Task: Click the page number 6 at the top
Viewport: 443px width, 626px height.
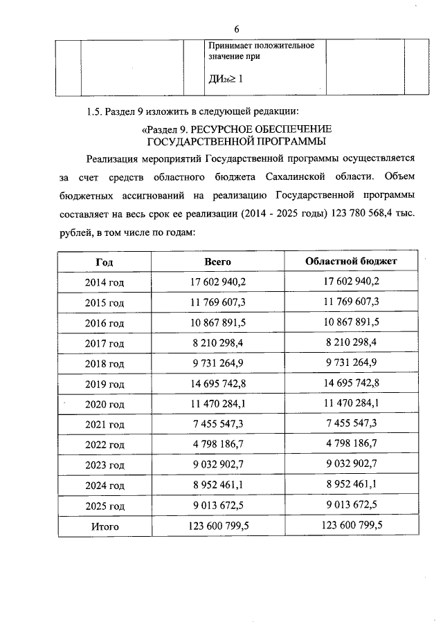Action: [x=236, y=29]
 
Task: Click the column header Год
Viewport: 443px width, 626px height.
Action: [x=104, y=262]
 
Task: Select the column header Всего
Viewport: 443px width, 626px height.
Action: [x=217, y=261]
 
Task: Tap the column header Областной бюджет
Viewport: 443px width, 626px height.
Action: [x=352, y=261]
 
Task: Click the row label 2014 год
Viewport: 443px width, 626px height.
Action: [x=105, y=282]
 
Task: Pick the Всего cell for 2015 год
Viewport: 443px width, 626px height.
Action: [x=218, y=302]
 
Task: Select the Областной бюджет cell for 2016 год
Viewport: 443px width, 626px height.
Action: [x=352, y=322]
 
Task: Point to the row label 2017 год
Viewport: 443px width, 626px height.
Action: [x=105, y=343]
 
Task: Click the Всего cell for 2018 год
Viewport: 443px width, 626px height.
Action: [x=218, y=363]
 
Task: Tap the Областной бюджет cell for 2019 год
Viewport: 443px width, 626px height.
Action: [x=352, y=383]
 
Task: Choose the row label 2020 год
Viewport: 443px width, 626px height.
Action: [x=105, y=404]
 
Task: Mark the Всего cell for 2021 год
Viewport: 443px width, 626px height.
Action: [x=218, y=424]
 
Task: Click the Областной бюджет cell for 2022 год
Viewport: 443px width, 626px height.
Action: [x=352, y=444]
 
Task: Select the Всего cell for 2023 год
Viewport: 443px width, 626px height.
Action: [x=218, y=465]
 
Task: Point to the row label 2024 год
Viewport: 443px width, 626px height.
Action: [x=105, y=486]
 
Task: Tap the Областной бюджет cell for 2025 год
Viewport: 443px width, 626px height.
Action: [x=352, y=505]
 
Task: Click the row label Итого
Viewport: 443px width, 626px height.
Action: [x=105, y=526]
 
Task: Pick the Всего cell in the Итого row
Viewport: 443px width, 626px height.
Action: [x=218, y=526]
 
